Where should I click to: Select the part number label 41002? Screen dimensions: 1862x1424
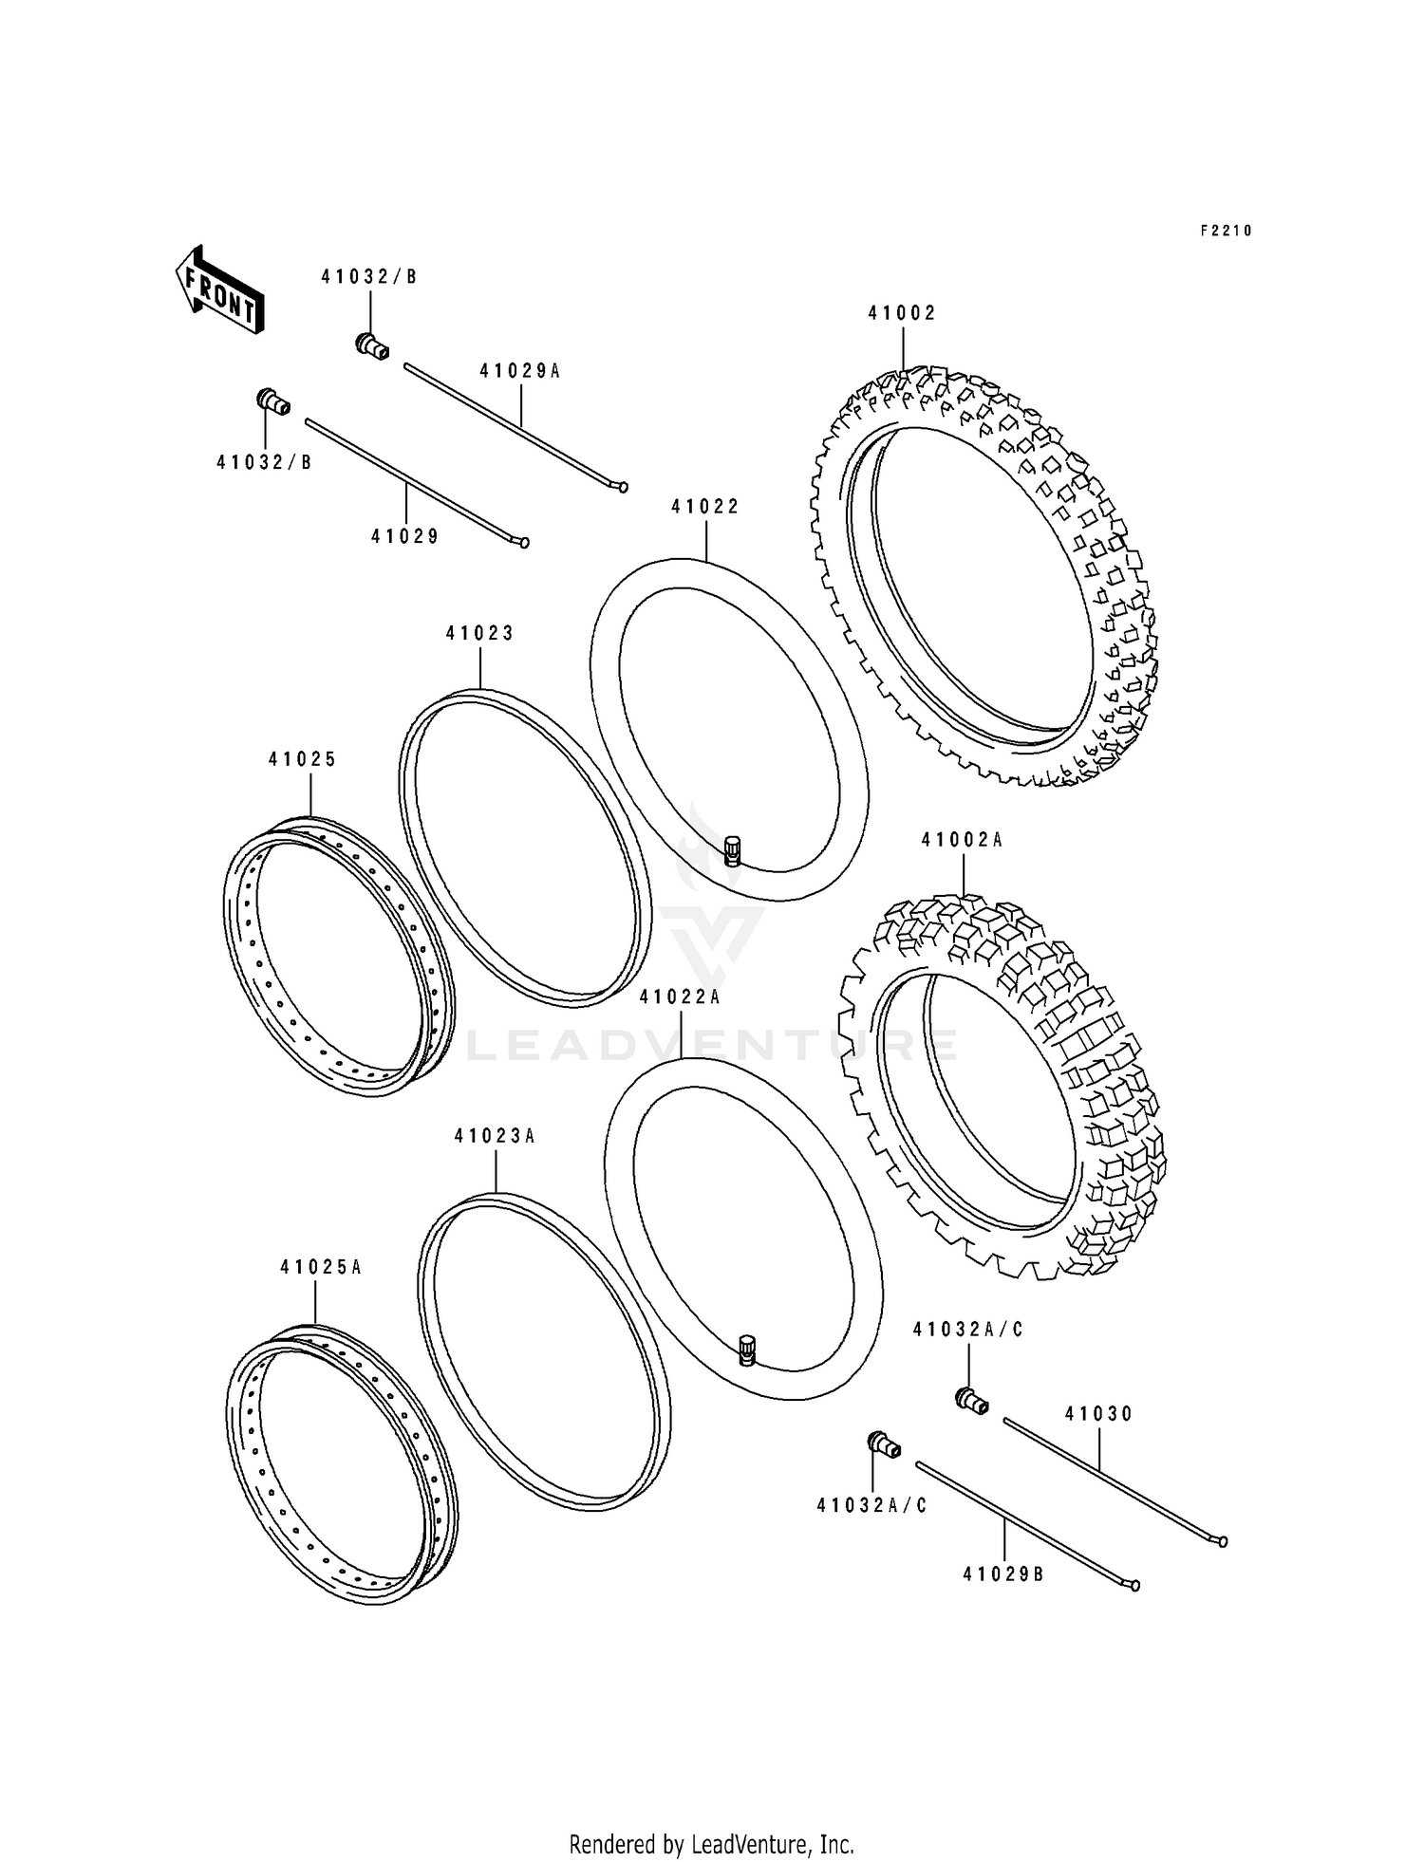point(902,313)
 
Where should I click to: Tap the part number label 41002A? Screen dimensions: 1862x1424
point(963,841)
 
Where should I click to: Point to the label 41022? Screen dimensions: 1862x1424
point(705,507)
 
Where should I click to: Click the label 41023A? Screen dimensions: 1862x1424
point(495,1136)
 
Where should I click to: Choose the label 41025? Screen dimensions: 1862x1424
point(303,759)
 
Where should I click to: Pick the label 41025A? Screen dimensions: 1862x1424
point(321,1267)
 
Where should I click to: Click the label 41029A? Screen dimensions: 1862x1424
point(520,371)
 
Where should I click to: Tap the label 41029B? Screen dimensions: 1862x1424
point(1003,1574)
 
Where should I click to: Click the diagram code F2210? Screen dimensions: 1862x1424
point(1226,231)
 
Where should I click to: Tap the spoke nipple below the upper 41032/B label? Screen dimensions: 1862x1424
point(372,346)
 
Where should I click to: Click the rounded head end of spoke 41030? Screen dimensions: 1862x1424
point(1222,1542)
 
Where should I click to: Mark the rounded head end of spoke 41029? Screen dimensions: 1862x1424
point(523,543)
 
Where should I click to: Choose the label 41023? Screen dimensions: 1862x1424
point(480,633)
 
